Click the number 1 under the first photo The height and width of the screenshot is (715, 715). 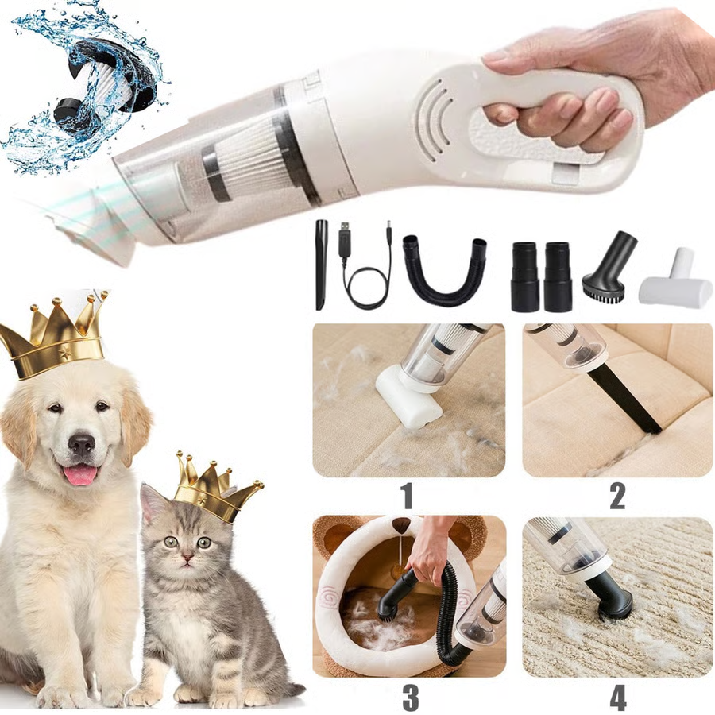click(x=407, y=496)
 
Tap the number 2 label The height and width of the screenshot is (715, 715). click(x=617, y=496)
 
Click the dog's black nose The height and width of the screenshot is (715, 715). click(x=81, y=443)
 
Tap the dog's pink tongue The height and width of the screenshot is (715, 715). click(x=80, y=474)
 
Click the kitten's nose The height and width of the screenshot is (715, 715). click(x=184, y=558)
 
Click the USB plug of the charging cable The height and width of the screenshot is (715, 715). click(x=345, y=238)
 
